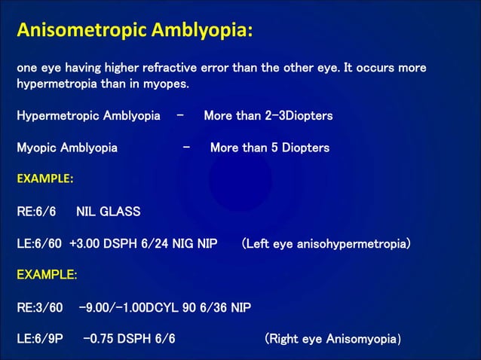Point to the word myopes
point(164,84)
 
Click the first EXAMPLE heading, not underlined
point(45,179)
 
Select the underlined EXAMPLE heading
point(47,275)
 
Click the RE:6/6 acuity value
point(36,212)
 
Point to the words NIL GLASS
point(109,212)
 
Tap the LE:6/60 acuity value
point(40,244)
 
